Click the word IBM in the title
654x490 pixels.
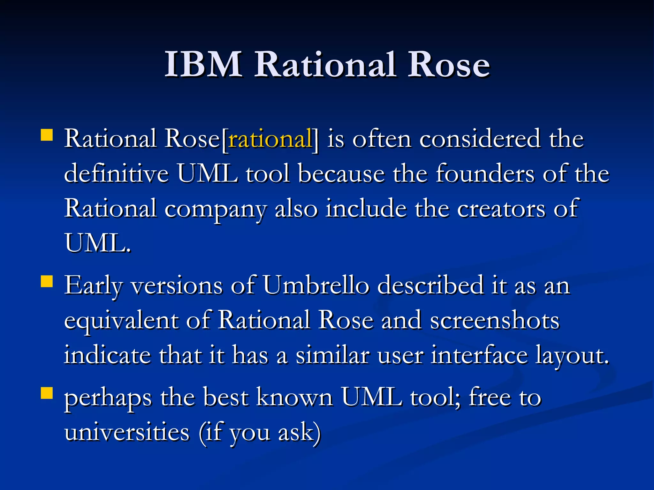coord(203,64)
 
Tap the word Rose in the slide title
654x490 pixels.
coord(449,64)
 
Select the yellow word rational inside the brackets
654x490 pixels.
coord(270,139)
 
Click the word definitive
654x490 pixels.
coord(116,174)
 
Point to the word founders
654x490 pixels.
coord(485,174)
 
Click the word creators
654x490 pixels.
coord(501,209)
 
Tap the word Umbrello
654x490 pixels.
coord(316,285)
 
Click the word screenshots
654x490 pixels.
coord(495,320)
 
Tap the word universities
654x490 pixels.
coord(127,433)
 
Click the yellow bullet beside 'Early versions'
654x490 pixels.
coord(47,282)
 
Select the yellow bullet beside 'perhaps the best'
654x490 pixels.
coord(47,393)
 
